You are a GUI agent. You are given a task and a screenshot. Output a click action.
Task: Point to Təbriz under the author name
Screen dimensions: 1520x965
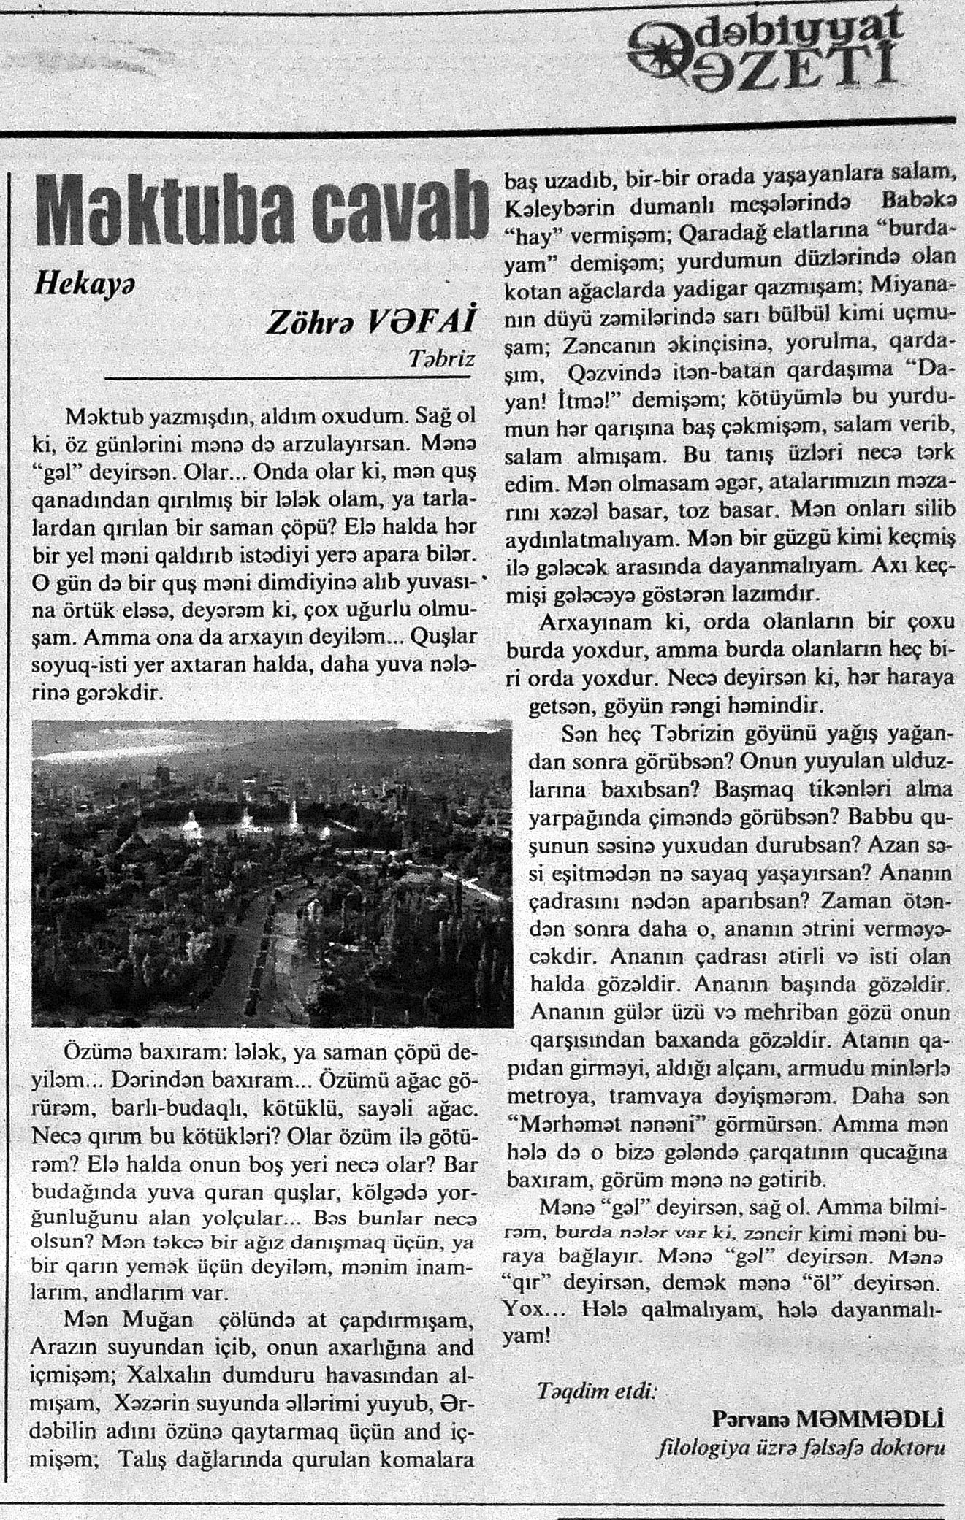(442, 360)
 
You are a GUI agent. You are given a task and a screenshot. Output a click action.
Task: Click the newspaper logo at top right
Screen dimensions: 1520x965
(763, 51)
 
